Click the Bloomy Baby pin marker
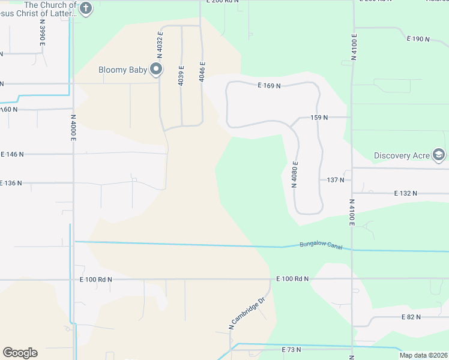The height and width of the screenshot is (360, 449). [157, 69]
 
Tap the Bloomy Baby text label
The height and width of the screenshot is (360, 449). [123, 70]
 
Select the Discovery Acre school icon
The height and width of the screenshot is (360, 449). [439, 155]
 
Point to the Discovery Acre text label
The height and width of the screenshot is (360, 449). [402, 156]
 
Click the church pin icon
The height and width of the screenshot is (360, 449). [86, 8]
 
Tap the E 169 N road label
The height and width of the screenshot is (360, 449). [270, 86]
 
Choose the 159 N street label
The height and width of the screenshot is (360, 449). [319, 118]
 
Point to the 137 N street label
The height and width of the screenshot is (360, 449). [336, 180]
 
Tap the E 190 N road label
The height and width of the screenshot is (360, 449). [418, 39]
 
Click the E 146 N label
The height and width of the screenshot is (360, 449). [12, 154]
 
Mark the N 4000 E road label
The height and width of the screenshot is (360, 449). [73, 127]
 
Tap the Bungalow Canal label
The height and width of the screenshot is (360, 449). [321, 245]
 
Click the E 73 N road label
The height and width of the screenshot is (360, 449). [291, 349]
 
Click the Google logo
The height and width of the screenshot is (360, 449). [20, 353]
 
